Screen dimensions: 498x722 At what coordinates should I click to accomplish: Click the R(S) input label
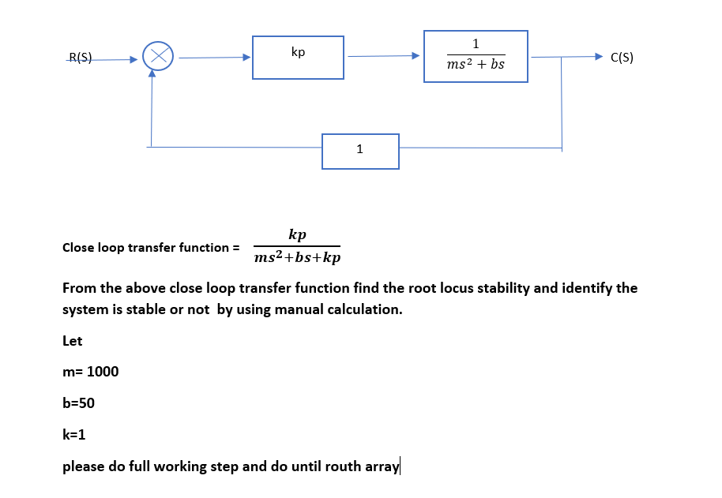click(x=81, y=57)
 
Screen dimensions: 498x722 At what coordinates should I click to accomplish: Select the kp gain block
click(x=298, y=57)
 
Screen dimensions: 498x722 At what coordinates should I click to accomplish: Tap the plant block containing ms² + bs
click(x=476, y=56)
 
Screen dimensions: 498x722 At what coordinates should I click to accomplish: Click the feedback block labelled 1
click(x=360, y=151)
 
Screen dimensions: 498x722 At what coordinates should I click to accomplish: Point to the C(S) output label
click(x=622, y=57)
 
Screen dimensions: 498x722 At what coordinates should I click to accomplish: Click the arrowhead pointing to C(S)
click(x=599, y=57)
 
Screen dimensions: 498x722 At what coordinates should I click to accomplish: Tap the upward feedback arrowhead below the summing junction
click(x=151, y=75)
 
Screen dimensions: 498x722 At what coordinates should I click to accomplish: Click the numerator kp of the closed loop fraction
click(x=298, y=234)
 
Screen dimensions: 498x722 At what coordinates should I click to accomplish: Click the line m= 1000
click(x=90, y=372)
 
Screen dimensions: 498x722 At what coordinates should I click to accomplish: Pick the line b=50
click(x=78, y=403)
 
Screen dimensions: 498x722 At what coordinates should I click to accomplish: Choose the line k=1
click(x=73, y=435)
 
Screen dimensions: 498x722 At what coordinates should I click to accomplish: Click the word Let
click(x=72, y=341)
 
